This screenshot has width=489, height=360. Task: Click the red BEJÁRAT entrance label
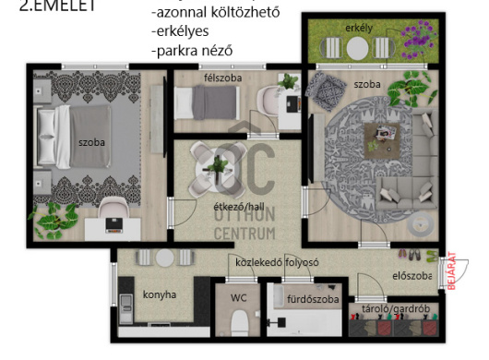pos(452,270)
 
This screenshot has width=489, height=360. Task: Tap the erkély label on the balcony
pos(359,28)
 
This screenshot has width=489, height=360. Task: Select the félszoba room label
pos(222,78)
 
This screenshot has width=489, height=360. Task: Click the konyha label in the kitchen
pos(160,294)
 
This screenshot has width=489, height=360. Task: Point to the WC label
pos(239,297)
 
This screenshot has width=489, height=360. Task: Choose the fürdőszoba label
pos(313,299)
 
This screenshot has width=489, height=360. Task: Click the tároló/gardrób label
pos(396,309)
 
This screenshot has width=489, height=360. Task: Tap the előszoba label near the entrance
pos(412,276)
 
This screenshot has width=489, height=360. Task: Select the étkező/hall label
pos(239,207)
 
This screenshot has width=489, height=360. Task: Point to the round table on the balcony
pos(357,48)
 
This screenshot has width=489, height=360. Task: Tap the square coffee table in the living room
pos(382,140)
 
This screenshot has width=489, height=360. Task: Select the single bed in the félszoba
pos(207,102)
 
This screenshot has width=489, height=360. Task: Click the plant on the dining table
pos(218,165)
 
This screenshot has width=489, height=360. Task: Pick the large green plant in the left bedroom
pos(54,220)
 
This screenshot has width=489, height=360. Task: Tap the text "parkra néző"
pos(192,51)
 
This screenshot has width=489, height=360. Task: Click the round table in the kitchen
pos(164,258)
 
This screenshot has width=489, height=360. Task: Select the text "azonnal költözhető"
pos(216,12)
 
